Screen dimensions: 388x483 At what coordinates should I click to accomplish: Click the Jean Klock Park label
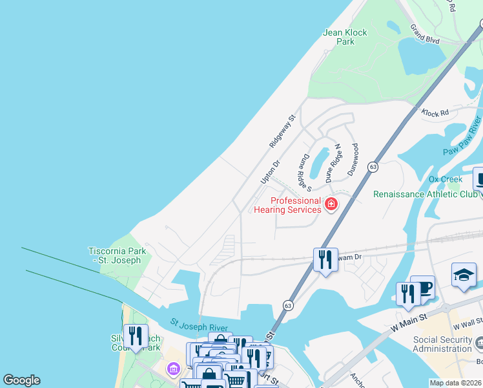coord(345,37)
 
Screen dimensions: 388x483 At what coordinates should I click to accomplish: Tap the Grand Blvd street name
coord(425,34)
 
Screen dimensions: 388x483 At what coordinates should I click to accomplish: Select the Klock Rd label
coord(435,113)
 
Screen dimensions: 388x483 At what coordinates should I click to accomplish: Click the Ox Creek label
coord(445,178)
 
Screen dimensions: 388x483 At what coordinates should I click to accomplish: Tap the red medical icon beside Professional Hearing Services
coord(331,204)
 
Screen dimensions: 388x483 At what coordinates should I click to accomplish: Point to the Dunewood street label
coord(355,156)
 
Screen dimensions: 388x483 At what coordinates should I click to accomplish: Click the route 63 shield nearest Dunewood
coord(373,167)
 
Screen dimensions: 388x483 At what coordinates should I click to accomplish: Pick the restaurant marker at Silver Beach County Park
coord(136,336)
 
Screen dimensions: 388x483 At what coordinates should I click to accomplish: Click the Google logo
coord(21,380)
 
